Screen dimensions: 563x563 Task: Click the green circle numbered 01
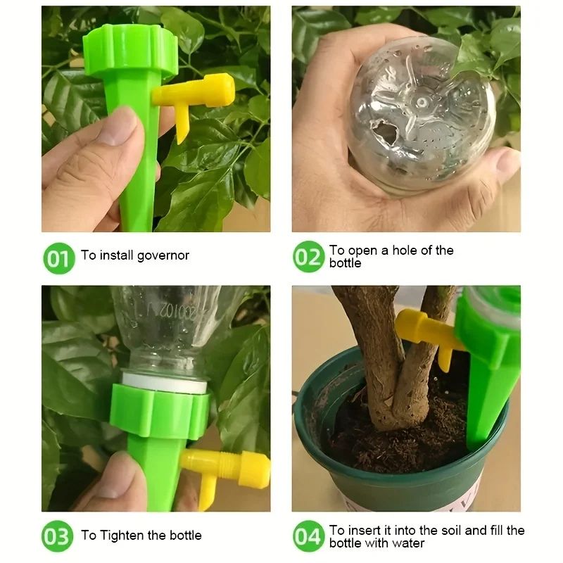point(58,258)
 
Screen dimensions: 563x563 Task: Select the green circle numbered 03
point(58,536)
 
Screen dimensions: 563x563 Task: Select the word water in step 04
point(405,543)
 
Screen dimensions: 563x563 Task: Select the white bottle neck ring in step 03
point(166,383)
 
